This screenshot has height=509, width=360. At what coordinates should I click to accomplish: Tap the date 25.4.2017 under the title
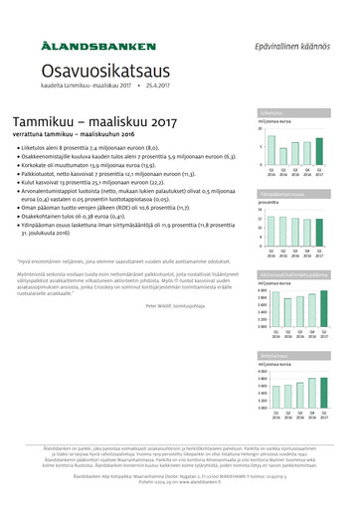159,87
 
